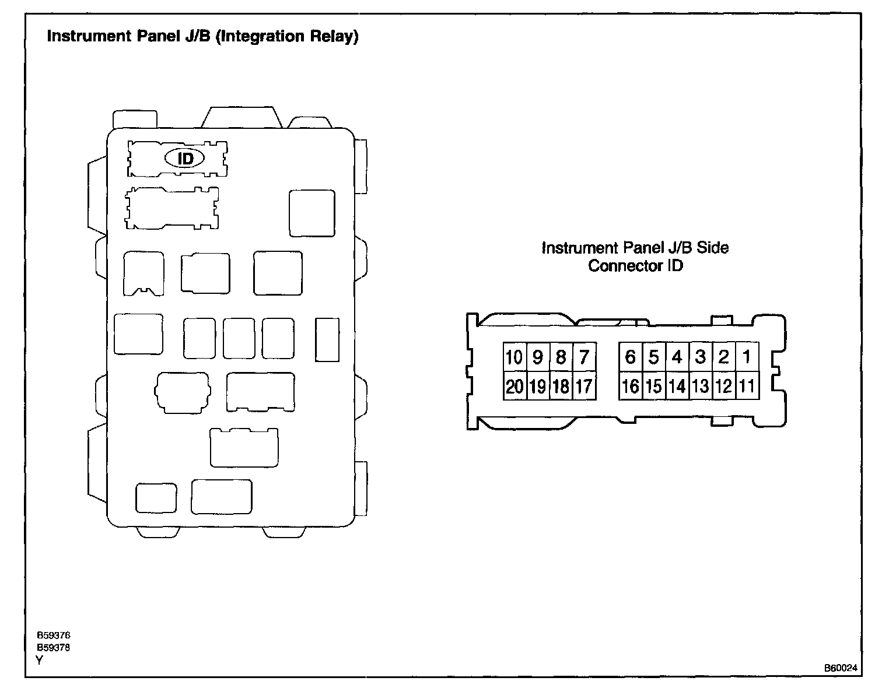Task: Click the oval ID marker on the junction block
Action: tap(185, 158)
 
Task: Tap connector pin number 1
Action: tap(747, 356)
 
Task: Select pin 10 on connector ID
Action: tap(514, 356)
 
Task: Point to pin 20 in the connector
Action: tap(514, 386)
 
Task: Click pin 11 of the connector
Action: tap(747, 386)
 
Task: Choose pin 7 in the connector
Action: tap(584, 356)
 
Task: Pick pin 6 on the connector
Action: tap(630, 356)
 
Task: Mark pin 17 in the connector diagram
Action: tap(584, 386)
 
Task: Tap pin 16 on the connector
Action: tap(630, 386)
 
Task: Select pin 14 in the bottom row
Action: tap(677, 386)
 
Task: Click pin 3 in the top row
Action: tap(701, 356)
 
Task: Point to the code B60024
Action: tap(841, 668)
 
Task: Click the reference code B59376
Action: tap(54, 636)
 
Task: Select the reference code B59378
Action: tap(54, 648)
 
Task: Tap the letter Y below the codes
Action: tap(40, 660)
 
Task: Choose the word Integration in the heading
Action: tap(262, 37)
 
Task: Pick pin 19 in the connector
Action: tap(538, 386)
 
